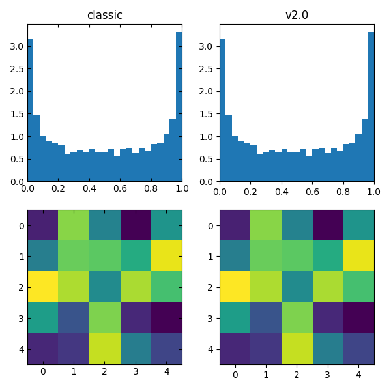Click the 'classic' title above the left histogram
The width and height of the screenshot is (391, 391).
coord(104,15)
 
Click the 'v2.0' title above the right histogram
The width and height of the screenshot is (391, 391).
coord(297,15)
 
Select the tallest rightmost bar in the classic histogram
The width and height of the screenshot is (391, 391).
coord(179,108)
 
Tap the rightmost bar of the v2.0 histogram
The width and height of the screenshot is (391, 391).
coord(371,108)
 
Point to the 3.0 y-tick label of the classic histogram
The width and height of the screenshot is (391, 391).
coord(16,46)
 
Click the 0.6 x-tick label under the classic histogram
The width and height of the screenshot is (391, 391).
coord(120,189)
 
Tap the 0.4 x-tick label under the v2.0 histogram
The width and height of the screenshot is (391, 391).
coord(282,189)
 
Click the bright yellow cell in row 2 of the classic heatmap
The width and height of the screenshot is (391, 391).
coord(43,287)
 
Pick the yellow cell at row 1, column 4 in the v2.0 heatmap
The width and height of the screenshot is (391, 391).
coord(358,256)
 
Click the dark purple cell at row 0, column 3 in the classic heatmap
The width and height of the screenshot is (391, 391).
coord(136,225)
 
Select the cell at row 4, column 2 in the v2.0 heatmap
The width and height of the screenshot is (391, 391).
coord(297,349)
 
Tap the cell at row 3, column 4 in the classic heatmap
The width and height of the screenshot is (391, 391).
coord(166,318)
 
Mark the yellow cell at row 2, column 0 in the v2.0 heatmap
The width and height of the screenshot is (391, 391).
coord(235,287)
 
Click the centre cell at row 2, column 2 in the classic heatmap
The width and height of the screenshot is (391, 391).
coord(104,287)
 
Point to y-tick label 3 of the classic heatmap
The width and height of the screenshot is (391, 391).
coord(20,318)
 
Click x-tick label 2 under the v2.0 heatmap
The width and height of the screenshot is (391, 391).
coord(297,372)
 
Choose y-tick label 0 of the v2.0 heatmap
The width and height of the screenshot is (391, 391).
coord(212,225)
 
